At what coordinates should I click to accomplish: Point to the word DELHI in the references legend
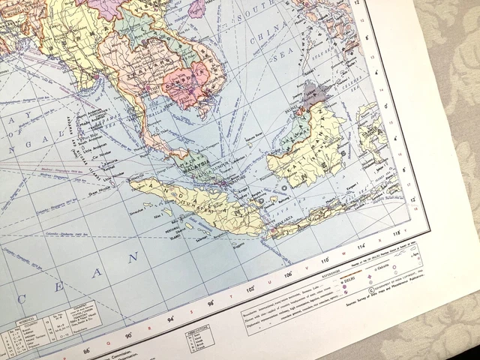pos(348,277)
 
